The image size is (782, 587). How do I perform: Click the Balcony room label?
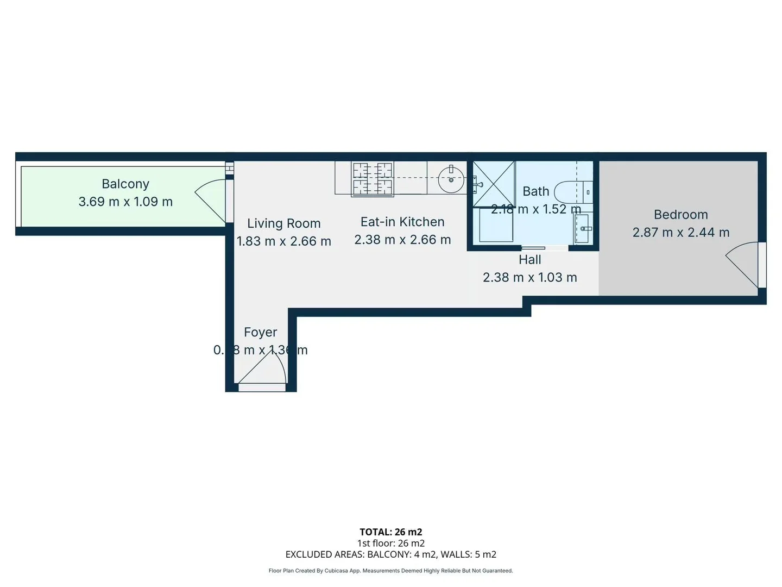point(125,184)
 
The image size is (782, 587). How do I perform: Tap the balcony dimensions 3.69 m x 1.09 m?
point(125,202)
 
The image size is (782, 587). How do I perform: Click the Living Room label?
point(283,223)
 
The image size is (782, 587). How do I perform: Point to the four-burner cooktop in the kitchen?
point(373,178)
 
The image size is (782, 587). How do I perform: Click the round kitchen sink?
point(451,179)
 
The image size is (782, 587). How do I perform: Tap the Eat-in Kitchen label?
point(402,222)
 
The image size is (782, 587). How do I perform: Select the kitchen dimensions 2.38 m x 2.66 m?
point(402,240)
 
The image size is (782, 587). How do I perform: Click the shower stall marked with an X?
point(494,184)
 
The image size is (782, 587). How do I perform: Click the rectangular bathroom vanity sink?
point(583,228)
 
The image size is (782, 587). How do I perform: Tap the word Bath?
point(535,191)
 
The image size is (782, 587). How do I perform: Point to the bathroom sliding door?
point(534,248)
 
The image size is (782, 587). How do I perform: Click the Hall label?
point(530,260)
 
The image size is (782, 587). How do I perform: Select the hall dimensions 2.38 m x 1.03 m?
point(530,277)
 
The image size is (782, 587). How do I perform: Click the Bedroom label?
point(680,215)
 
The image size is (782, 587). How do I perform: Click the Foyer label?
point(260,332)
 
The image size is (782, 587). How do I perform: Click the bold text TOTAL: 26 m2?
point(390,532)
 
